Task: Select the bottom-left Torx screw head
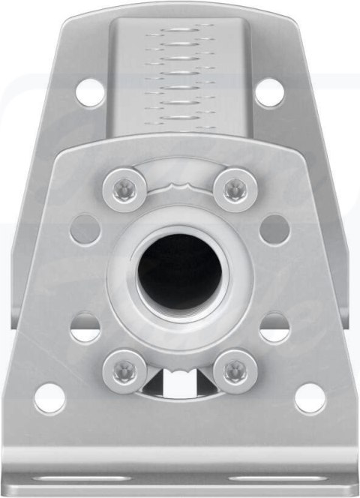pos(124,370)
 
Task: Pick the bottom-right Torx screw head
pos(235,370)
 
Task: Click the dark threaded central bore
pos(180,274)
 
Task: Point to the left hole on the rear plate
pos(89,92)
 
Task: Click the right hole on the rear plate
pos(269,92)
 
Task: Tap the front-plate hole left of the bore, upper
pos(85,229)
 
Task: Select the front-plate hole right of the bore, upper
pos(274,229)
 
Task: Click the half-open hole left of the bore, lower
pos(85,328)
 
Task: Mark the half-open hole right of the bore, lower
pos(274,328)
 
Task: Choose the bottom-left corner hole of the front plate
pos(49,398)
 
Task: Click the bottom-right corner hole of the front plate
pos(310,398)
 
